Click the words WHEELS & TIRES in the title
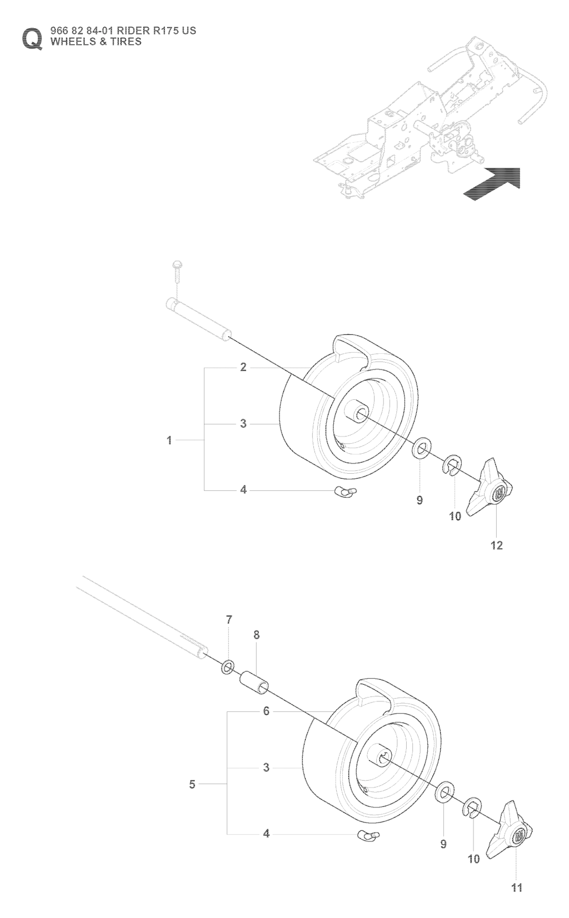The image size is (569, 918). (96, 42)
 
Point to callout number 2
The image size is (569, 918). (243, 367)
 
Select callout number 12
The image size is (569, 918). (497, 545)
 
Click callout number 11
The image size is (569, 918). (517, 888)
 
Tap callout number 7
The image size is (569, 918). (229, 619)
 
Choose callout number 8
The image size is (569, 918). (256, 635)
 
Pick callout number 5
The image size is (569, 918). (192, 784)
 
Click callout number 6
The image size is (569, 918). (266, 711)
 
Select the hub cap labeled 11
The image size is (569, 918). (512, 832)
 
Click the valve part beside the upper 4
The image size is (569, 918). (346, 490)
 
